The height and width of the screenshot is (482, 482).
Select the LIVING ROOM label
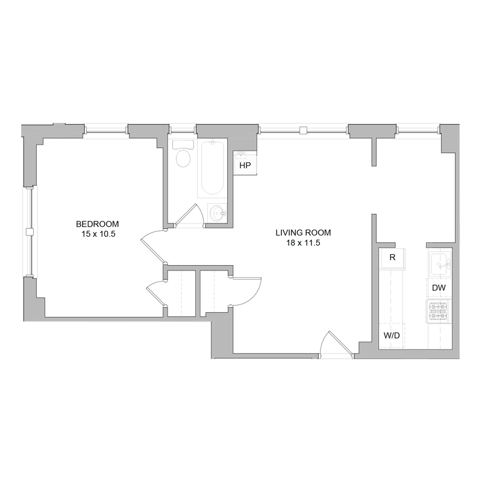(x=303, y=233)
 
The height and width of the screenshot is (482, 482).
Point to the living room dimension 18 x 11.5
(x=303, y=243)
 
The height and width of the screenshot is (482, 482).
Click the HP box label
(x=245, y=165)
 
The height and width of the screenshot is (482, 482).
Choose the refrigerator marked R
(x=392, y=257)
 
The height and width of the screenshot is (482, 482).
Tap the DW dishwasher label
(x=439, y=288)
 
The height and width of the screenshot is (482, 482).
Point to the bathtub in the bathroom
(x=212, y=167)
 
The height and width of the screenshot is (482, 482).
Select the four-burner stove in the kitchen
(x=439, y=311)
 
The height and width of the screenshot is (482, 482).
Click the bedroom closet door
(x=155, y=295)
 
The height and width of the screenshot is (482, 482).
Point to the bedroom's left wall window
(x=28, y=232)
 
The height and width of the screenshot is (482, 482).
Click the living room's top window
(x=304, y=130)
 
